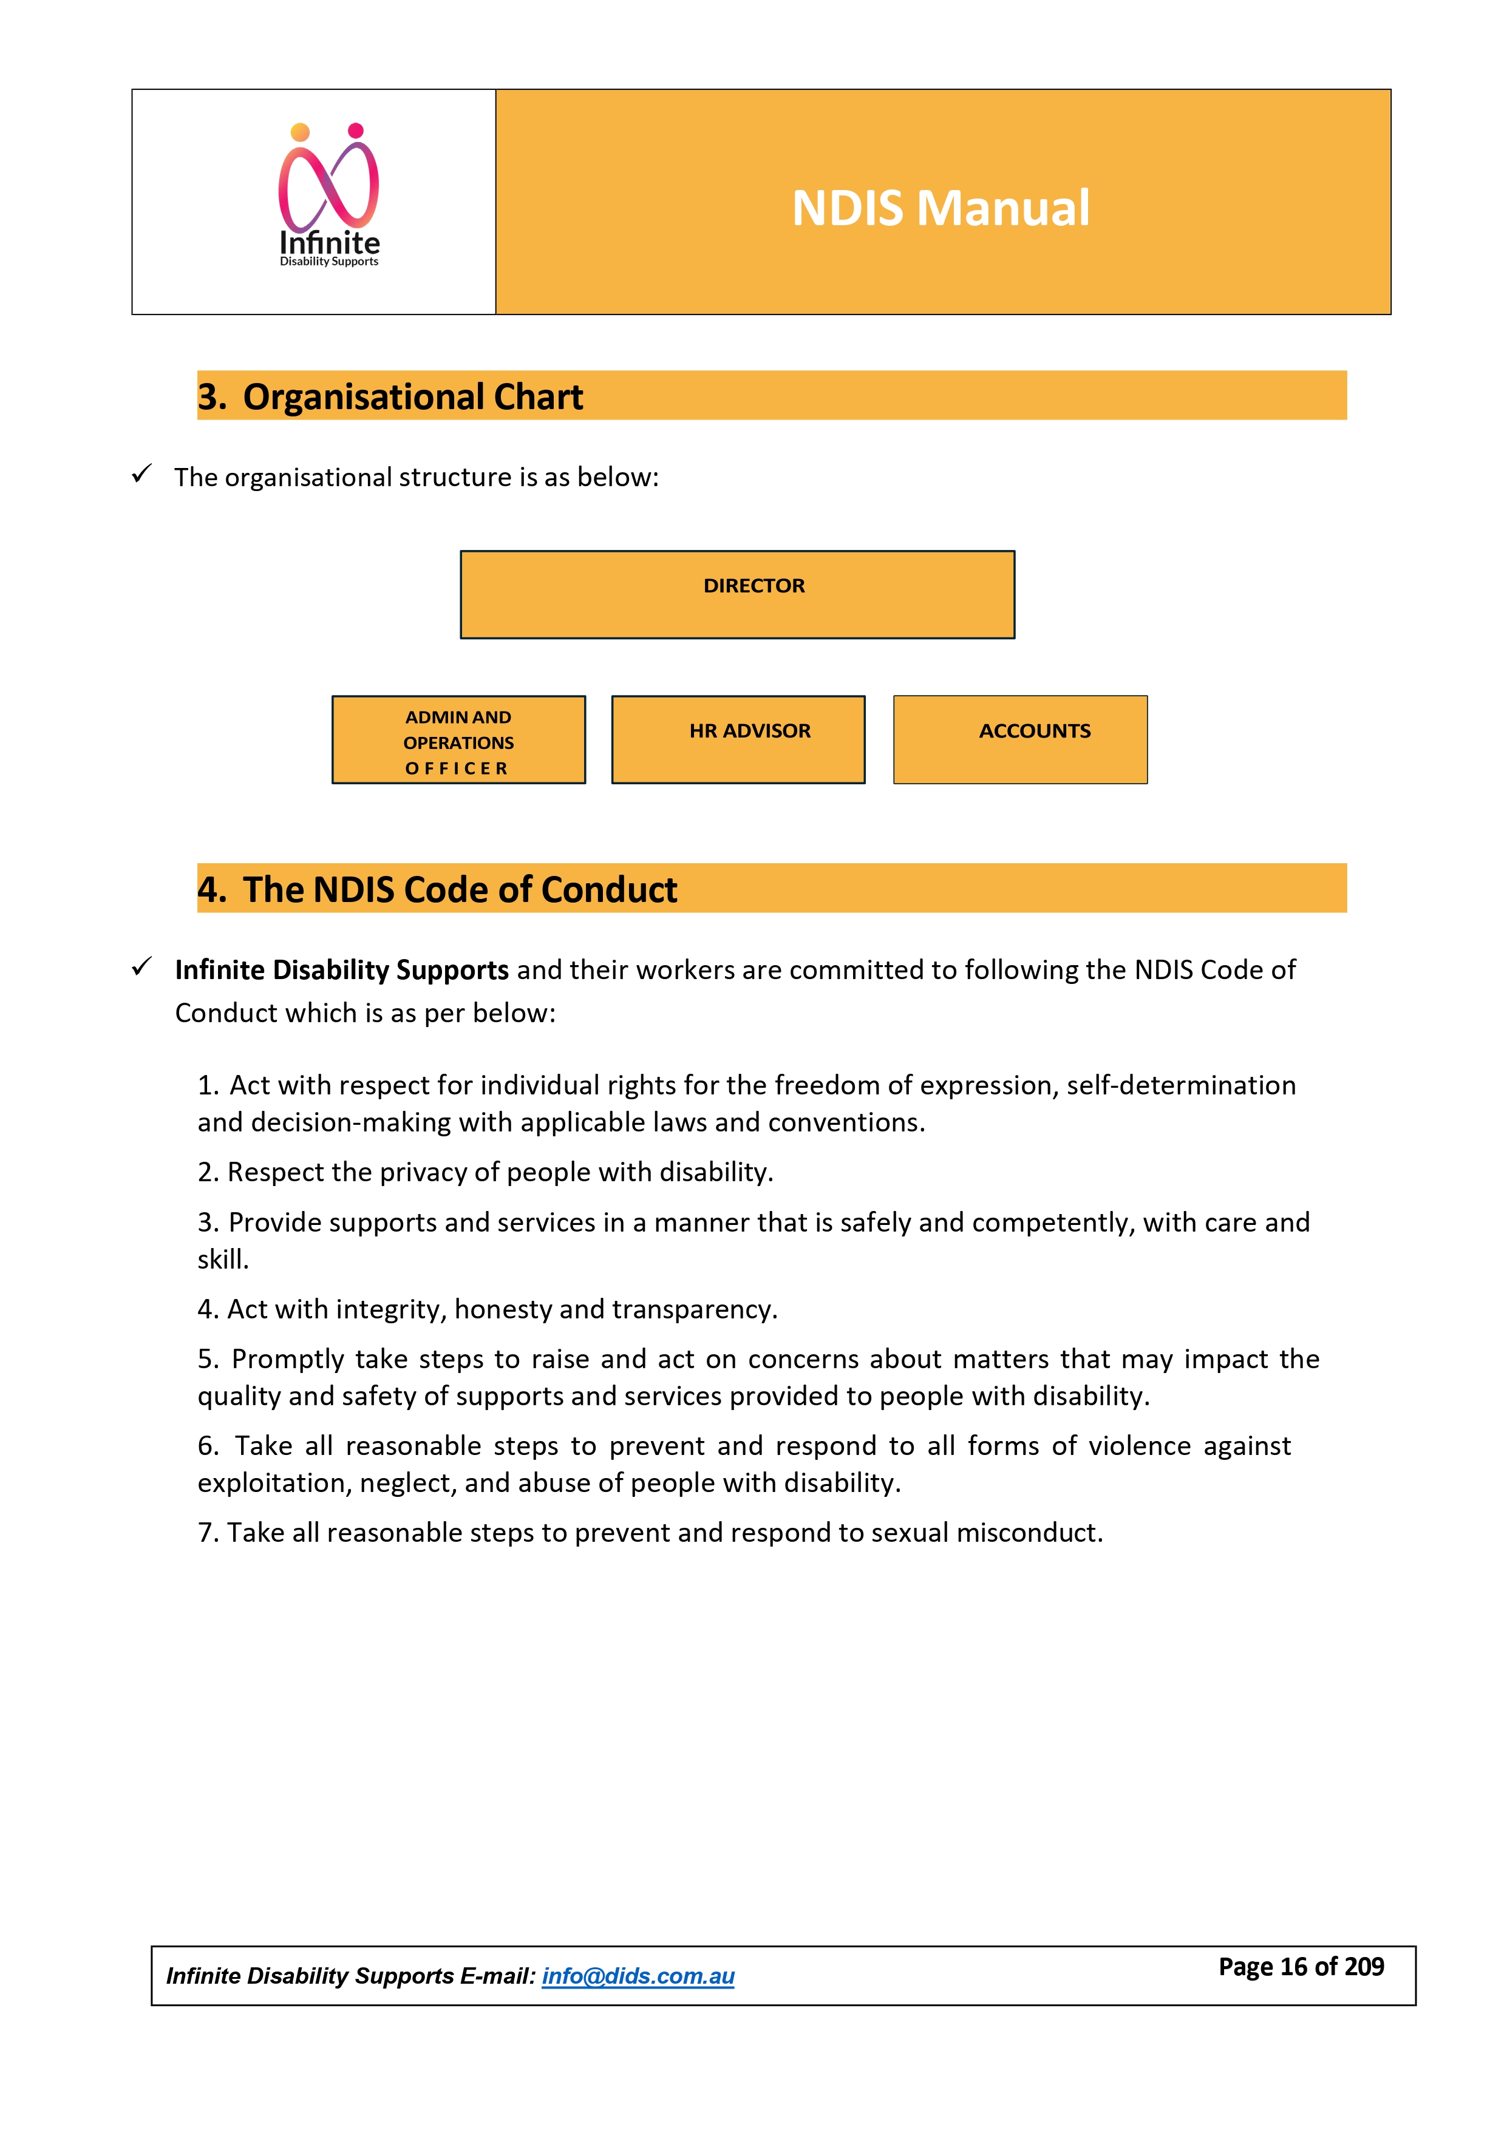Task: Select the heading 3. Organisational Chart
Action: [390, 397]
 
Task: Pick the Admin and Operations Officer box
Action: [458, 741]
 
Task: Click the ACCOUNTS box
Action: [1020, 741]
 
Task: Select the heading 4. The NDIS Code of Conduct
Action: [437, 890]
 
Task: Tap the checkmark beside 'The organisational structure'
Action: [141, 474]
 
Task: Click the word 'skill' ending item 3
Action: [221, 1260]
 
